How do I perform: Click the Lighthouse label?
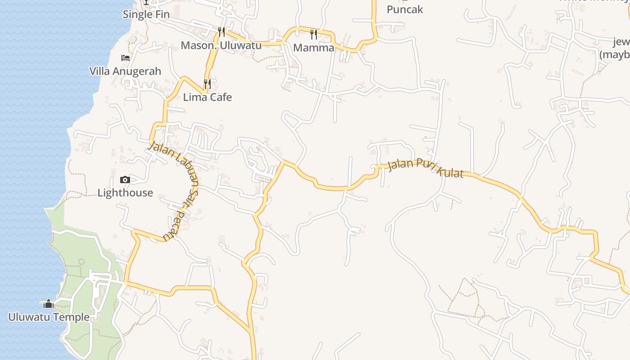(x=125, y=193)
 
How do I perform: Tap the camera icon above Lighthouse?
(x=125, y=180)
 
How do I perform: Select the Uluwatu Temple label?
(x=49, y=317)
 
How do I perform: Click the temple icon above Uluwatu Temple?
(x=49, y=304)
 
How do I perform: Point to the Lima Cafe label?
(x=207, y=97)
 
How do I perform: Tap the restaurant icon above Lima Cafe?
(x=207, y=84)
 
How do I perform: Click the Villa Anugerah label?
(x=125, y=71)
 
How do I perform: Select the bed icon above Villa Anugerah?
(x=126, y=58)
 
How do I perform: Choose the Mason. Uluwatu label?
(x=221, y=45)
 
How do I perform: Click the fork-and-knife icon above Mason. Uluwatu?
(x=221, y=31)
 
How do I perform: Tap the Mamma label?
(x=314, y=48)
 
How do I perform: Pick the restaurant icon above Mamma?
(x=314, y=34)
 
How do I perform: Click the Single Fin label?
(x=146, y=14)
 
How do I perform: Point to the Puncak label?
(x=405, y=9)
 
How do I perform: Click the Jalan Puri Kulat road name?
(x=425, y=168)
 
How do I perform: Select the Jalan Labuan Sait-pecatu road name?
(x=178, y=189)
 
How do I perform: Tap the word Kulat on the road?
(x=450, y=172)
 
